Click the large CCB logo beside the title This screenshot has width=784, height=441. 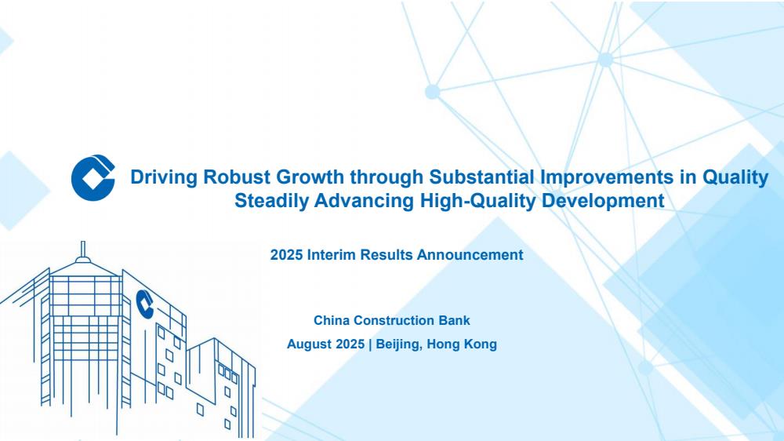pyautogui.click(x=93, y=177)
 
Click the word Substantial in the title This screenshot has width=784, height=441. pyautogui.click(x=482, y=177)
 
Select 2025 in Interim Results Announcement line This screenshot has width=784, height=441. pyautogui.click(x=286, y=255)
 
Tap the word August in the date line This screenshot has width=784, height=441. pyautogui.click(x=309, y=344)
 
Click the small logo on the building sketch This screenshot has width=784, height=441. pyautogui.click(x=145, y=304)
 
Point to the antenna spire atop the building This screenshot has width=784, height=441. pyautogui.click(x=83, y=249)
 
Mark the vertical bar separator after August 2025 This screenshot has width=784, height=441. pyautogui.click(x=370, y=344)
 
